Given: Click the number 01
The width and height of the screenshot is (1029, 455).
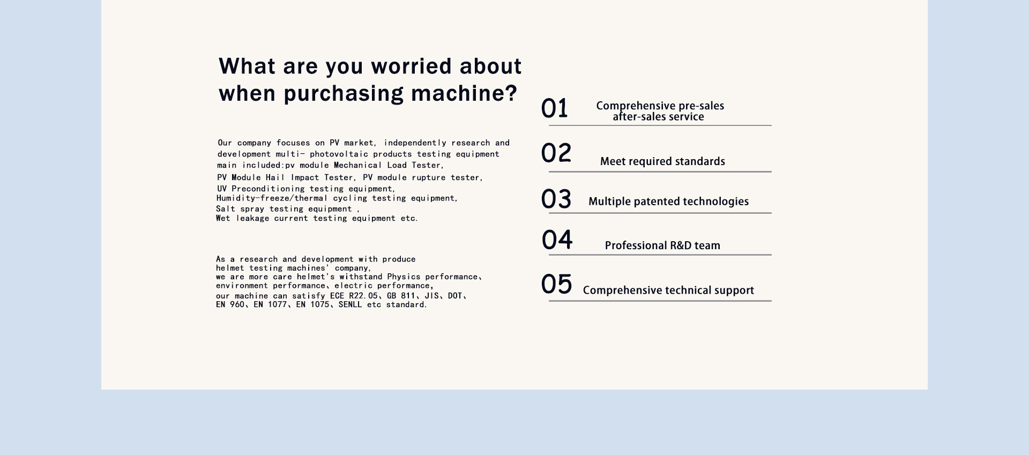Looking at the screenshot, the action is (554, 108).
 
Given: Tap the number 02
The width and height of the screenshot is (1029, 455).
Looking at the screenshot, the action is (556, 153).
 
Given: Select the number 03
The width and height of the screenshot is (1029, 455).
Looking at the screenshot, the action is (556, 199).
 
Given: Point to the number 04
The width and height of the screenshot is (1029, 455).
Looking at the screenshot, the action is (557, 240).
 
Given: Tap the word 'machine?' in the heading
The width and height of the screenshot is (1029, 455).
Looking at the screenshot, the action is (464, 93).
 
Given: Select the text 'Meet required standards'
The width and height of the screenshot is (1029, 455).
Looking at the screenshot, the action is (662, 161).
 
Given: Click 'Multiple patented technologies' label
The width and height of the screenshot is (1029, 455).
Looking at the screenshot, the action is (668, 202).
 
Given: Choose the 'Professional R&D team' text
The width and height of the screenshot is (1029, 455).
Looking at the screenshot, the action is (662, 245).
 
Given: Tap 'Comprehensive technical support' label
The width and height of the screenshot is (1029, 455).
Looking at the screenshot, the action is (668, 290).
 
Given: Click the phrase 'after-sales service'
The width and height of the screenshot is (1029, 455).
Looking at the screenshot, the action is (658, 117).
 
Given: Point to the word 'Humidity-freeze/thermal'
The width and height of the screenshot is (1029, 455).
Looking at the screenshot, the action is (272, 198).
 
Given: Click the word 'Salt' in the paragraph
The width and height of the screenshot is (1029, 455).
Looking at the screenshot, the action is (226, 209).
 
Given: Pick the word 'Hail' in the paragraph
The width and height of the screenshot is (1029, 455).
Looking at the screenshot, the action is (275, 177).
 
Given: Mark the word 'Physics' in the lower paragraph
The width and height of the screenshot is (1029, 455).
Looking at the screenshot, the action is (404, 277).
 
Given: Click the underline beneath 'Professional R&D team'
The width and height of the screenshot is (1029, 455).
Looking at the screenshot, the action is (660, 255).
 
